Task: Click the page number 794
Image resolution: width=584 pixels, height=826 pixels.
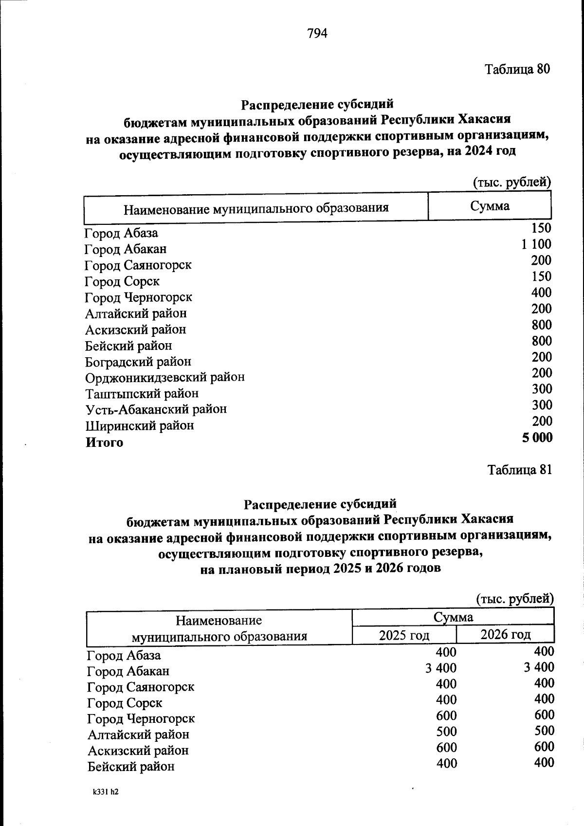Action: [x=317, y=33]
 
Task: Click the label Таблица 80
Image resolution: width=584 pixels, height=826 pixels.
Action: [x=517, y=69]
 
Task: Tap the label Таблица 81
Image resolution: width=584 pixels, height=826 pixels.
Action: [x=520, y=470]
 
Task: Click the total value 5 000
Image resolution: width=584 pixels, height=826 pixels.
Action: [x=537, y=438]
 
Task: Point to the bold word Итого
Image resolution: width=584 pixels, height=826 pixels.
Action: [x=105, y=442]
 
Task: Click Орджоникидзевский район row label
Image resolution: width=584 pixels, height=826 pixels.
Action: [x=165, y=377]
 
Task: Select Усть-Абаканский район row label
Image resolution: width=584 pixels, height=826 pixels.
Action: [x=156, y=409]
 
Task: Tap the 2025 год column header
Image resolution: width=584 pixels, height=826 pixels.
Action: [x=404, y=635]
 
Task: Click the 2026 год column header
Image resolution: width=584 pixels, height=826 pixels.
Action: [x=505, y=634]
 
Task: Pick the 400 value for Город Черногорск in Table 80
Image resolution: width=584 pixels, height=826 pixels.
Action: [x=541, y=293]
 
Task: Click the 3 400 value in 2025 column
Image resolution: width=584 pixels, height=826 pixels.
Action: [x=441, y=667]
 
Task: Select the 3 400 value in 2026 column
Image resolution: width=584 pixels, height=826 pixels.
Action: [x=539, y=667]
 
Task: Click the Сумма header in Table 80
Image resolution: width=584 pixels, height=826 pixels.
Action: [x=490, y=206]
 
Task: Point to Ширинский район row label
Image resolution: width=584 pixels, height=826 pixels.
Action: [x=140, y=426]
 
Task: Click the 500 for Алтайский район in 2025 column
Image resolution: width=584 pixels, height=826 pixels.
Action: [x=446, y=731]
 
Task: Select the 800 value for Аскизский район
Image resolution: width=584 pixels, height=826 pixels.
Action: [x=541, y=325]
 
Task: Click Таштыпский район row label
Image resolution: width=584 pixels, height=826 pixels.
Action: [x=142, y=393]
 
